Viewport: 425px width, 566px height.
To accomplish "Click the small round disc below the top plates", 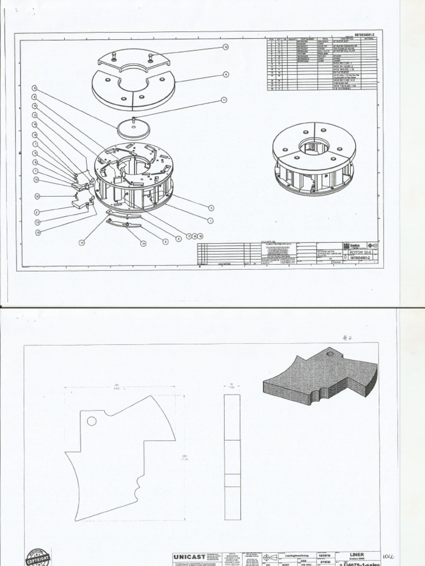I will click(x=134, y=128).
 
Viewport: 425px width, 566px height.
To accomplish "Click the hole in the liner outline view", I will click(x=92, y=421).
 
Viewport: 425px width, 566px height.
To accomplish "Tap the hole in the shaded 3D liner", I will click(x=330, y=353).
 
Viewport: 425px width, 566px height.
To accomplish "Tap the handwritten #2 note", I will click(x=347, y=338).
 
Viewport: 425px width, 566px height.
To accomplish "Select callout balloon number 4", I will click(x=226, y=74).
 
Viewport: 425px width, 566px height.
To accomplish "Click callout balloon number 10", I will click(x=38, y=196).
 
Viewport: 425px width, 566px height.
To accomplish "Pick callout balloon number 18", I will click(x=38, y=233).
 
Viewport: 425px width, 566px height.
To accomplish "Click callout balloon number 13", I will click(x=36, y=180).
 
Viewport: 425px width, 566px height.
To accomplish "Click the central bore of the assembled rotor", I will click(x=314, y=146).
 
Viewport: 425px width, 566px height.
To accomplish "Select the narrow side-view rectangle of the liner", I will click(x=232, y=457).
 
